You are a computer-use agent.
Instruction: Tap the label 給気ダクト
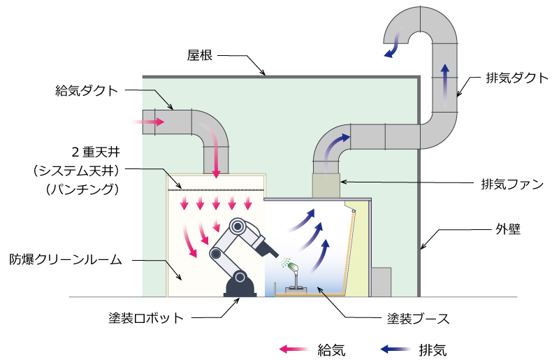87,91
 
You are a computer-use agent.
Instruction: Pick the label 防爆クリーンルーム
66,259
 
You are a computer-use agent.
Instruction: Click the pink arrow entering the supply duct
149,122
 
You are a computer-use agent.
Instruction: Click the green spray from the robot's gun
286,265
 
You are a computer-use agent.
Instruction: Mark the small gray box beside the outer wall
381,281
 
